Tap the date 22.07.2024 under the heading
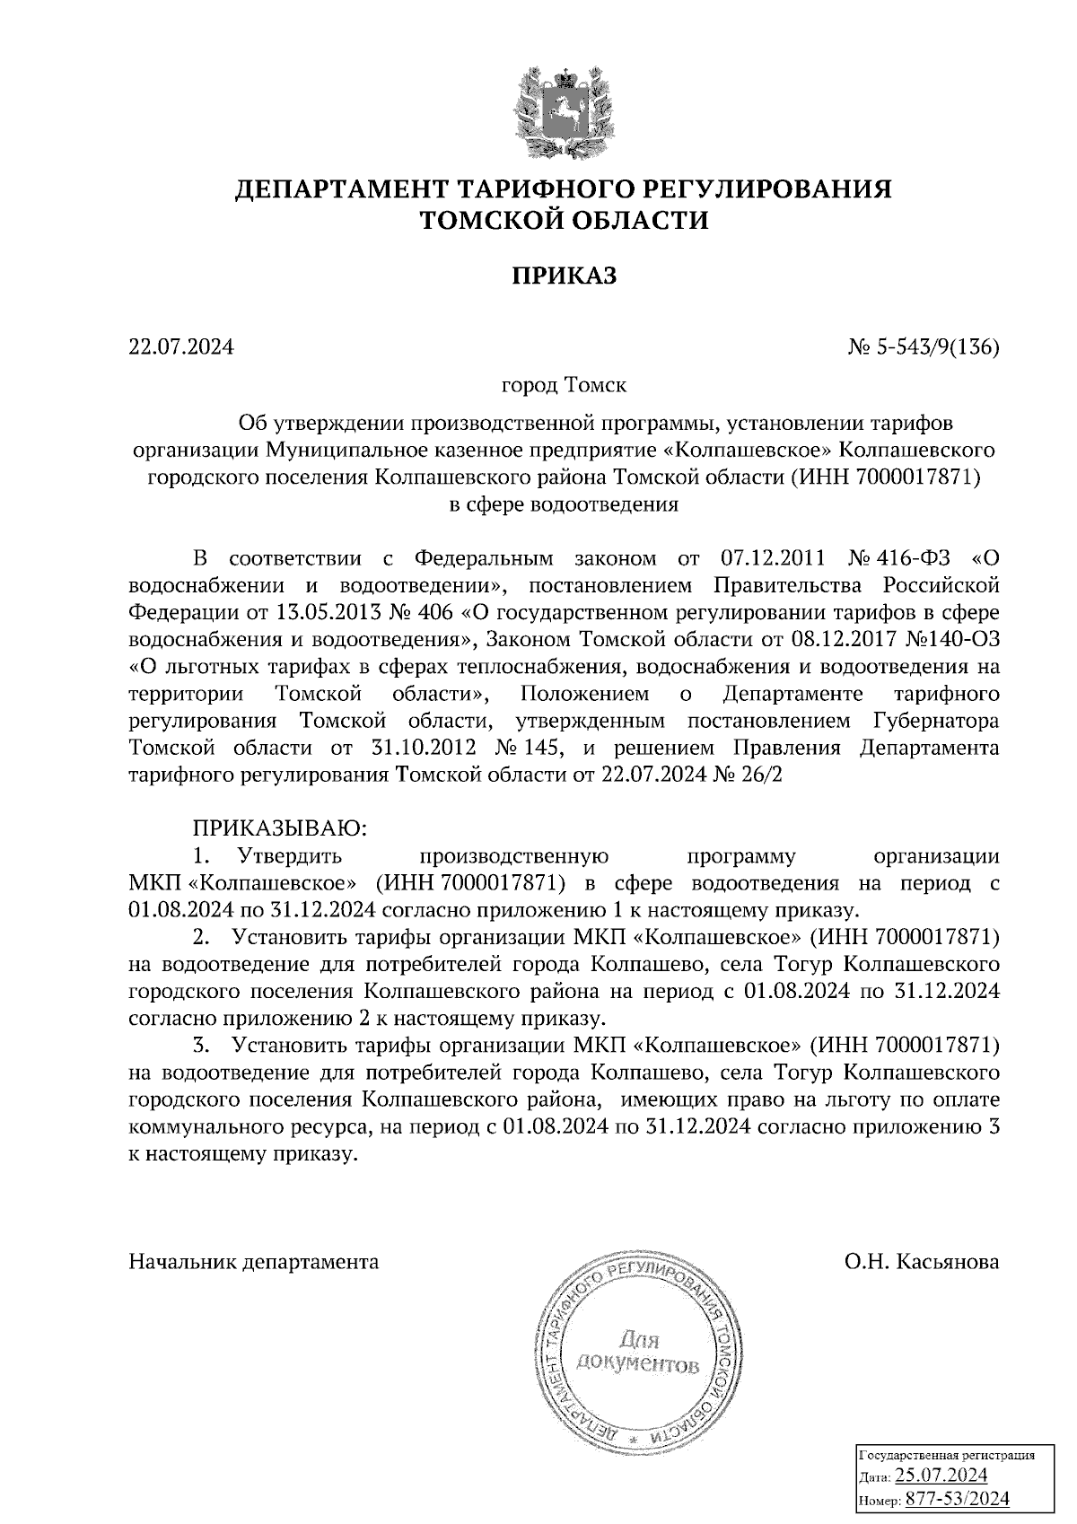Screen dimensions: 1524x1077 tap(181, 346)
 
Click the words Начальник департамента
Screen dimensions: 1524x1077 tap(254, 1261)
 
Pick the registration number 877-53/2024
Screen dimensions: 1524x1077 tap(958, 1498)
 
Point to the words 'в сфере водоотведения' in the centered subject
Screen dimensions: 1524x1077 tap(565, 504)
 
